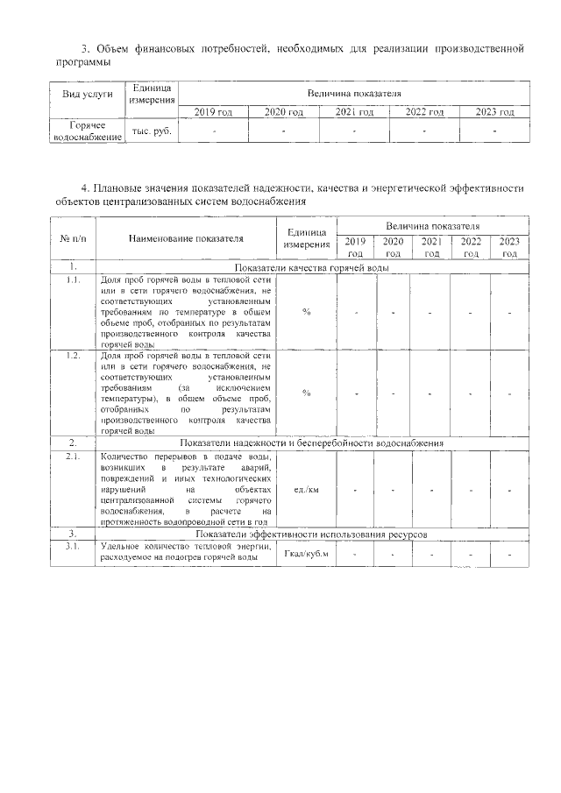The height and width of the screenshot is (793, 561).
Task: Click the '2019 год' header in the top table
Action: pos(213,112)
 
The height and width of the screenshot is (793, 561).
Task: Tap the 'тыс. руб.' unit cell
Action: pos(152,131)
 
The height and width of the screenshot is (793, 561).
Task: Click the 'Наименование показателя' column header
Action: pos(185,237)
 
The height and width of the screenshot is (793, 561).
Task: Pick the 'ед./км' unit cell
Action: pos(306,489)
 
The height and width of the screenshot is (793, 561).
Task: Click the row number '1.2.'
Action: pos(72,357)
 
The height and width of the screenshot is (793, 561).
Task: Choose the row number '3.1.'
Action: pos(72,547)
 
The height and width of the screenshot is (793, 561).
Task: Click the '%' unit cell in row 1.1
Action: pos(306,312)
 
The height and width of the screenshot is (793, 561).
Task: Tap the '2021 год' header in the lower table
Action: pos(430,247)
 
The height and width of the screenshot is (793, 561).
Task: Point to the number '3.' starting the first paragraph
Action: pos(84,47)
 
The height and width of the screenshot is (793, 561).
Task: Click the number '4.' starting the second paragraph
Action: pos(84,188)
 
